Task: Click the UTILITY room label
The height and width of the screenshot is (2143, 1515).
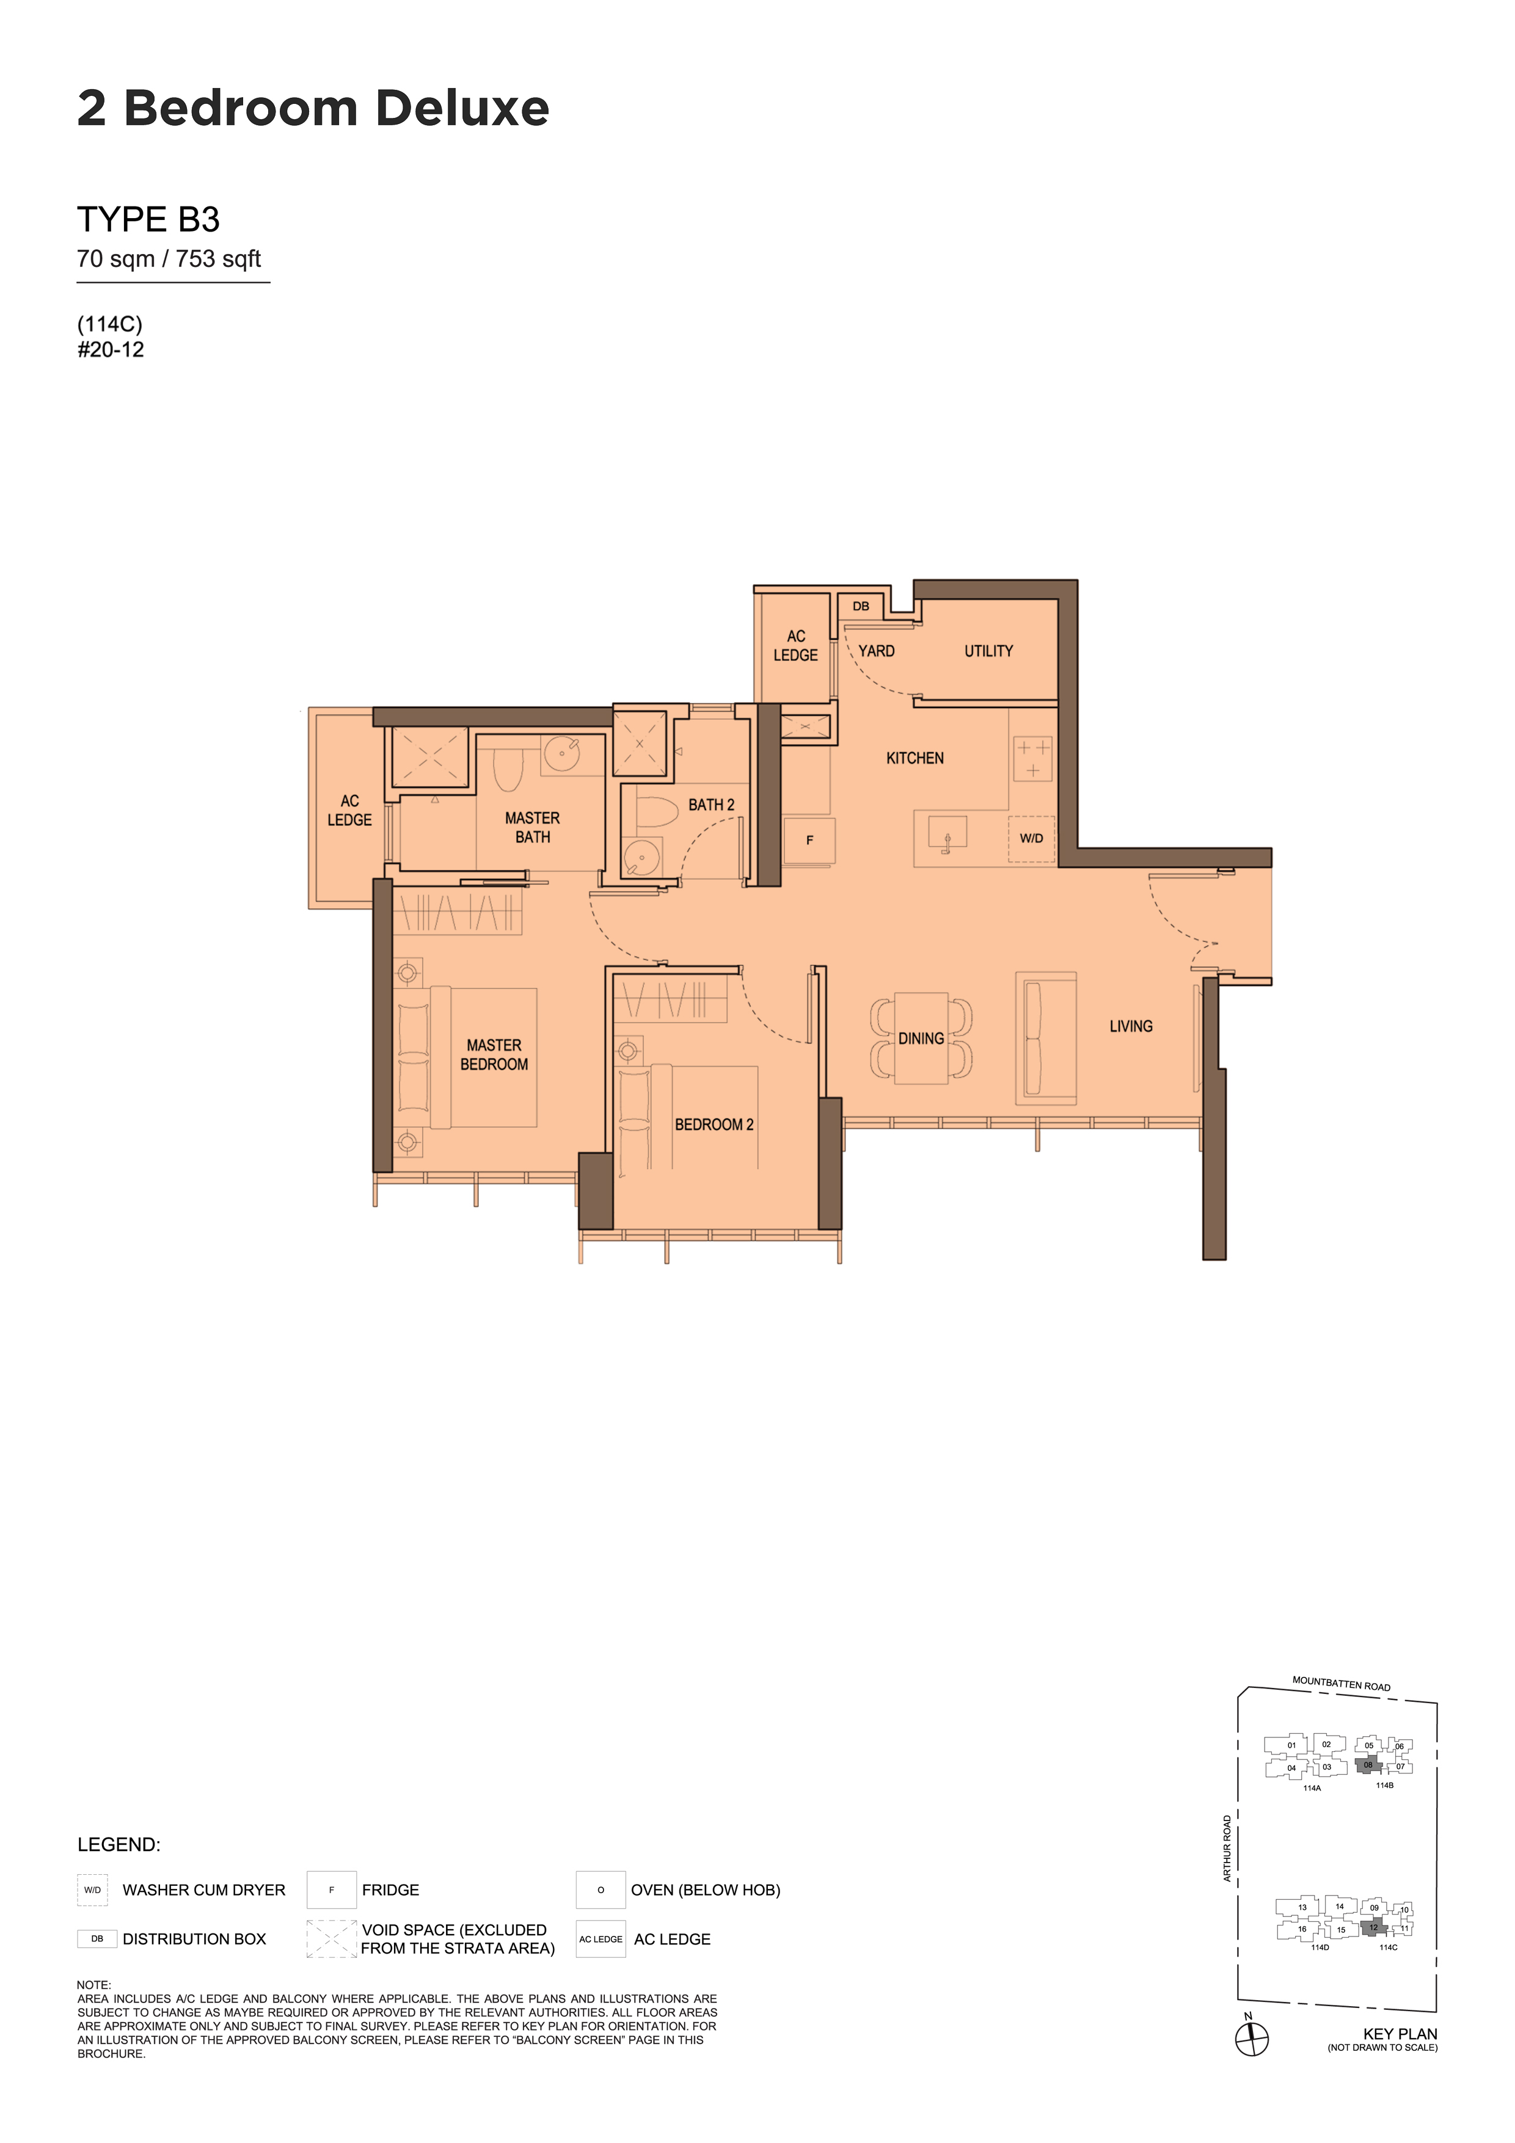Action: click(988, 651)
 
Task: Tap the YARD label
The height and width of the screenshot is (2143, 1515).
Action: click(877, 651)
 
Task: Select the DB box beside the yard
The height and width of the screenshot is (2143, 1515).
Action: click(861, 606)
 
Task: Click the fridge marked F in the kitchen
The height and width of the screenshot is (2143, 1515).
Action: click(809, 840)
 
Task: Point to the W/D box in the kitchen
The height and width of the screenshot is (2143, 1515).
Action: click(1031, 838)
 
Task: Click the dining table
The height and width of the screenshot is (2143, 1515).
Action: click(921, 1038)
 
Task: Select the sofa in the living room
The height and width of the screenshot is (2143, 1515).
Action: click(1045, 1038)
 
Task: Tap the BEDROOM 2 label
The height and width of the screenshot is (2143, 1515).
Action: click(714, 1125)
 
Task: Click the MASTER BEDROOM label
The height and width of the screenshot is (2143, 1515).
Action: click(494, 1054)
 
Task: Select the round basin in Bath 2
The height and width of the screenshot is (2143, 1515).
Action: click(642, 857)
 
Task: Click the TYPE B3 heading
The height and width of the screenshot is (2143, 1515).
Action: click(148, 219)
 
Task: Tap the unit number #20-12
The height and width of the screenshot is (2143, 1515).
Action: click(111, 350)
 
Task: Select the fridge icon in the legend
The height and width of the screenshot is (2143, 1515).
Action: click(331, 1890)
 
